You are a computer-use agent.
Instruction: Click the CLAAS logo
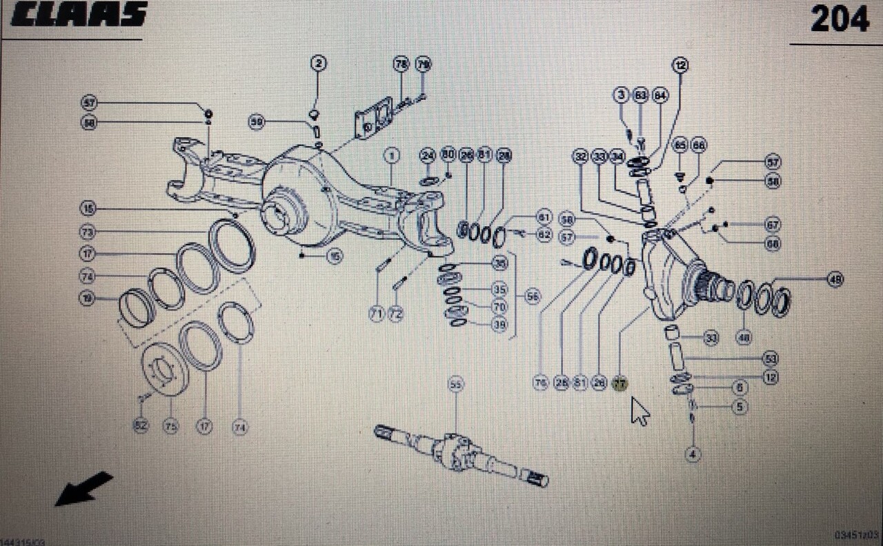click(x=79, y=14)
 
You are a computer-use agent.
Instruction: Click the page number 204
click(x=839, y=19)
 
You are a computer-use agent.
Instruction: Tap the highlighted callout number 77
click(x=620, y=384)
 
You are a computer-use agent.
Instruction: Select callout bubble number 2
click(x=318, y=64)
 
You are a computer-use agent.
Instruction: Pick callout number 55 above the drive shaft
click(x=455, y=384)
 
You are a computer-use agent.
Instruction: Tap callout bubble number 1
click(x=392, y=156)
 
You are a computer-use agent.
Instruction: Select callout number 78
click(x=401, y=64)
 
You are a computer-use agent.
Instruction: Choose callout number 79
click(x=423, y=64)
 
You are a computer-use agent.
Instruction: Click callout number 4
click(x=693, y=454)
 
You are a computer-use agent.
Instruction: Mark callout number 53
click(x=771, y=358)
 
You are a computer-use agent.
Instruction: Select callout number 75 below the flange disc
click(x=170, y=427)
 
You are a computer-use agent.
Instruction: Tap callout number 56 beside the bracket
click(x=532, y=296)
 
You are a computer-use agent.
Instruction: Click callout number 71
click(x=376, y=314)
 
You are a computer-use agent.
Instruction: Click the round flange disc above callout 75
click(x=165, y=372)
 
